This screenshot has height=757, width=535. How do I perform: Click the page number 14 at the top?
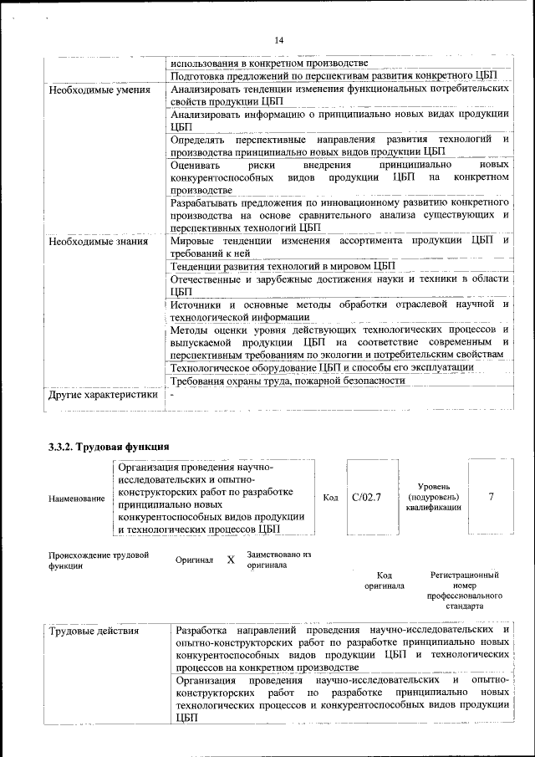279,40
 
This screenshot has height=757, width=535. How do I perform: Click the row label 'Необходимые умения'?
99,90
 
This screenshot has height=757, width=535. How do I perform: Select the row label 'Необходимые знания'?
98,242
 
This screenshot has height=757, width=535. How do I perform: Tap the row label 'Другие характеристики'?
103,395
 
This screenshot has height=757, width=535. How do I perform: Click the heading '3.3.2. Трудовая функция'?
109,446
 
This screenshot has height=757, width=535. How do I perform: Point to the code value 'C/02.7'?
367,498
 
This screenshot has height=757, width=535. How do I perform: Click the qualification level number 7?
491,497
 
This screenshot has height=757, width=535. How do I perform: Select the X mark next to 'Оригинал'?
231,560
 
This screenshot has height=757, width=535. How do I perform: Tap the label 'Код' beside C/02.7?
330,498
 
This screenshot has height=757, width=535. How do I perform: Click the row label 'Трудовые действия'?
94,631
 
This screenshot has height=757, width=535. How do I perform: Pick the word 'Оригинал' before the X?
195,560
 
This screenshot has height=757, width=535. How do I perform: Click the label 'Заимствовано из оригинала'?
279,560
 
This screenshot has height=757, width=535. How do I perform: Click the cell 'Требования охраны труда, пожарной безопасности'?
288,381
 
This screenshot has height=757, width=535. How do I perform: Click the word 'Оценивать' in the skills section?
194,166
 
